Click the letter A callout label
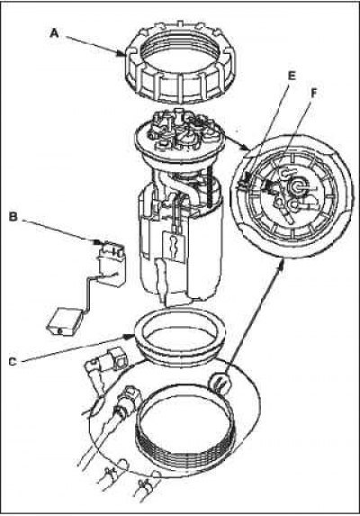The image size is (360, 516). pyautogui.click(x=54, y=33)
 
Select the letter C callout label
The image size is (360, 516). pyautogui.click(x=13, y=362)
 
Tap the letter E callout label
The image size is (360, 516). pyautogui.click(x=292, y=76)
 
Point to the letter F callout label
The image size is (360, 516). pyautogui.click(x=313, y=94)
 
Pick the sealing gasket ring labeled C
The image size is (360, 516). pyautogui.click(x=180, y=339)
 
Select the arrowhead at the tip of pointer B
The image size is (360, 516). pyautogui.click(x=97, y=242)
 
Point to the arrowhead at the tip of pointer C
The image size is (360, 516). pyautogui.click(x=129, y=337)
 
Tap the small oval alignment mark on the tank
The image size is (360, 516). pyautogui.click(x=220, y=382)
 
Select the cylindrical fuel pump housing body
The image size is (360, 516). pyautogui.click(x=180, y=243)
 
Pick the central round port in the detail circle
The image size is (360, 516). pyautogui.click(x=297, y=186)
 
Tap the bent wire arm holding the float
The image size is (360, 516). pyautogui.click(x=88, y=290)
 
